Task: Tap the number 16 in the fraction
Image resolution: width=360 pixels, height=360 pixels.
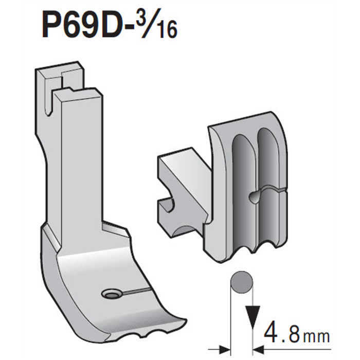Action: (167, 32)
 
